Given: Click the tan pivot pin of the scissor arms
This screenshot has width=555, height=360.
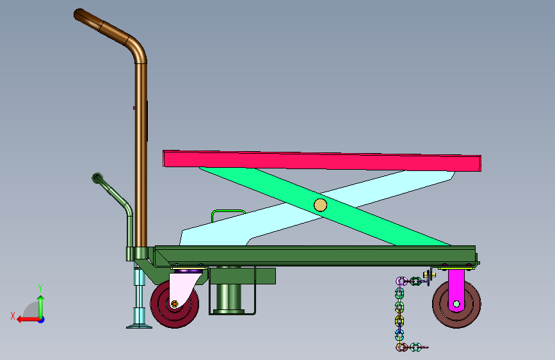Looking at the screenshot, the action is coord(320,205).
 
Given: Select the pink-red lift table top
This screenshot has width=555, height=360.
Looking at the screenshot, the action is coord(322,161).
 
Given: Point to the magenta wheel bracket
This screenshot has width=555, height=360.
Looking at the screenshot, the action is coord(456,289).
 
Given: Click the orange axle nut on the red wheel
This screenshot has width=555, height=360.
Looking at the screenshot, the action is coord(174,304).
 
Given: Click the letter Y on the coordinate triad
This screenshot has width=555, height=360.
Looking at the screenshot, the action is coord(40,288).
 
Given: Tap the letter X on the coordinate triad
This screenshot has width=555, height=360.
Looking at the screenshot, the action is coord(13,316).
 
